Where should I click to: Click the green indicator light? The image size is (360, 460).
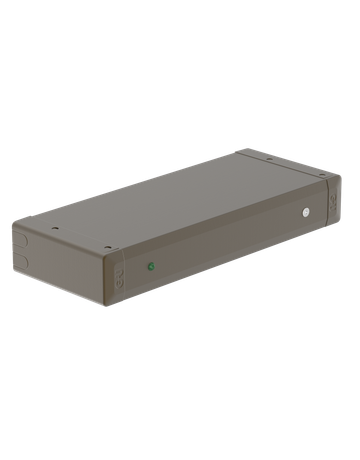coord(151,266)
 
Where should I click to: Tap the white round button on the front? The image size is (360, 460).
coord(306,211)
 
